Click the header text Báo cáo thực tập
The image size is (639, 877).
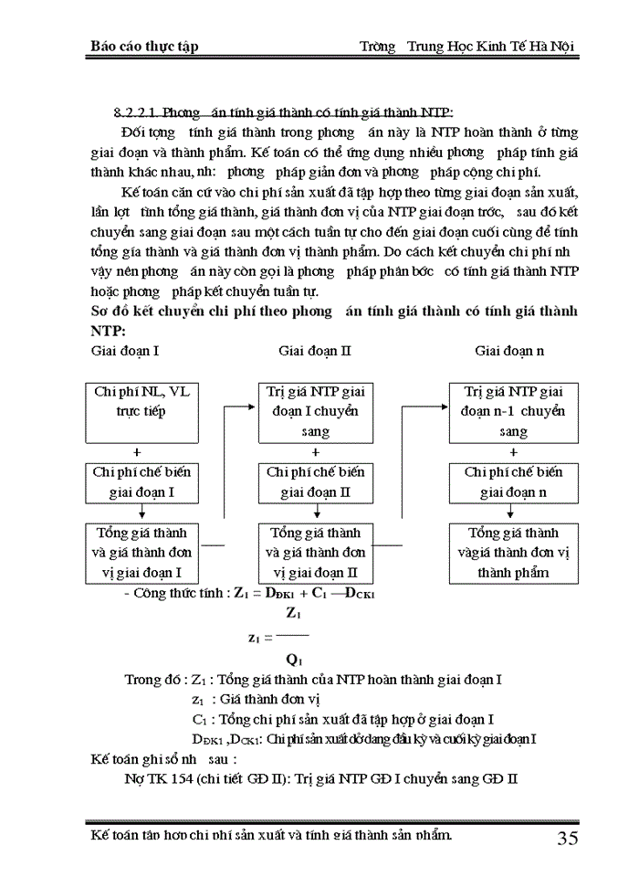145,46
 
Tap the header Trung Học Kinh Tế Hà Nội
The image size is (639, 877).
492,46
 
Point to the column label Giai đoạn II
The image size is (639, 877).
315,350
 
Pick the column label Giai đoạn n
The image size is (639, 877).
511,350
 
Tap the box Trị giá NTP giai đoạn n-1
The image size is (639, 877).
513,411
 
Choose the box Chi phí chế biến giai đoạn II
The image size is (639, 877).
315,481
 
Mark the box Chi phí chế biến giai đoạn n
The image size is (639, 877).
513,481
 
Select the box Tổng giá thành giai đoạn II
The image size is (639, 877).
315,553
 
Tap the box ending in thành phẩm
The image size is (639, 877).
513,553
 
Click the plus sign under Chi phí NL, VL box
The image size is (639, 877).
137,452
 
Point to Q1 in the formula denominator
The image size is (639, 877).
293,659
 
